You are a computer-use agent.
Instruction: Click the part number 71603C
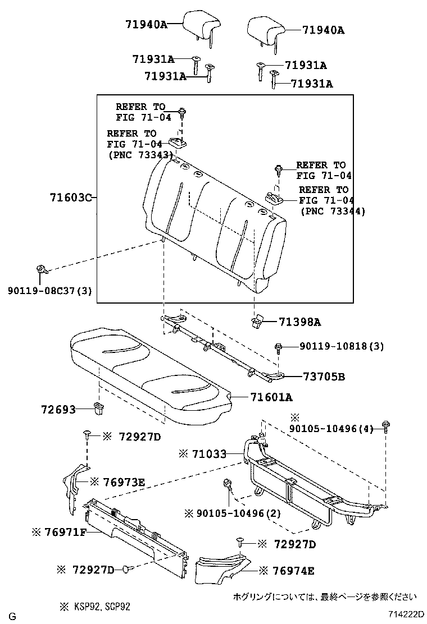pyautogui.click(x=70, y=198)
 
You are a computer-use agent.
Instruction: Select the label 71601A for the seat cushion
pyautogui.click(x=272, y=397)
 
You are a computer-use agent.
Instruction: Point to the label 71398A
pyautogui.click(x=300, y=322)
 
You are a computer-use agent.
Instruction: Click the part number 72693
pyautogui.click(x=58, y=410)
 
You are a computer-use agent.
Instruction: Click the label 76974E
pyautogui.click(x=292, y=571)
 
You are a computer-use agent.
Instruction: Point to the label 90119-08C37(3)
pyautogui.click(x=50, y=290)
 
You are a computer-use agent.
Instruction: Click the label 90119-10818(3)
pyautogui.click(x=334, y=347)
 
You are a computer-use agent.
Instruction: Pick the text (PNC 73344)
pyautogui.click(x=333, y=212)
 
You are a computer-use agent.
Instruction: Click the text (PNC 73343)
pyautogui.click(x=139, y=154)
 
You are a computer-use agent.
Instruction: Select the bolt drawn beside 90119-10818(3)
pyautogui.click(x=278, y=347)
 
